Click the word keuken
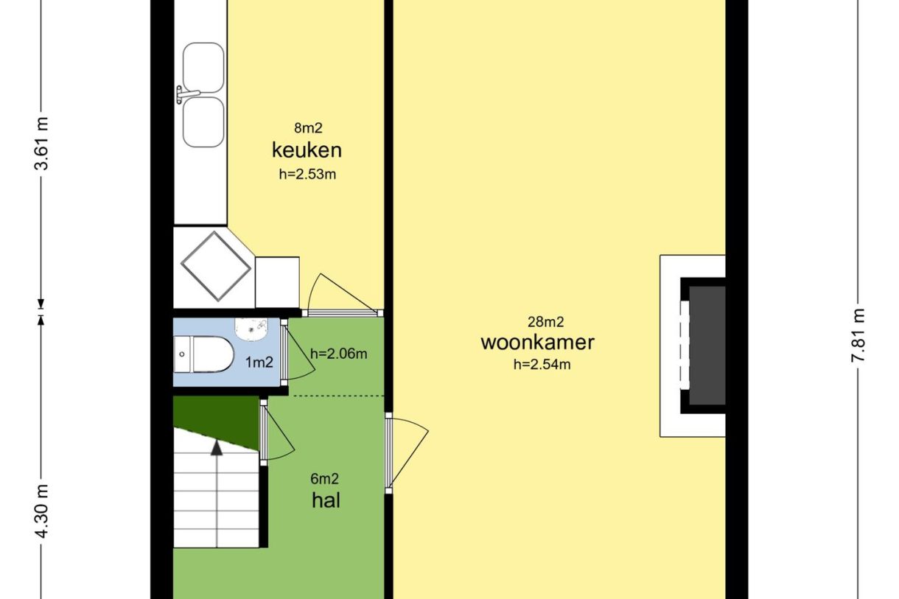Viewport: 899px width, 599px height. pyautogui.click(x=307, y=150)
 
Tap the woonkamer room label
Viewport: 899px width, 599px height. pyautogui.click(x=538, y=343)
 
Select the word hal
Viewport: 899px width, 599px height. pyautogui.click(x=326, y=500)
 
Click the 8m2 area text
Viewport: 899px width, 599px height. pyautogui.click(x=308, y=128)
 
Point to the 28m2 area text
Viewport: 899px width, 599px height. pyautogui.click(x=546, y=322)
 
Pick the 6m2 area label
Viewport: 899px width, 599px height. pyautogui.click(x=325, y=479)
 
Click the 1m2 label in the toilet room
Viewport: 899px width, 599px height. pyautogui.click(x=259, y=362)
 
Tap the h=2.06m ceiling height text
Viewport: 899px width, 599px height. pyautogui.click(x=339, y=354)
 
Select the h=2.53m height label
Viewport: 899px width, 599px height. pyautogui.click(x=307, y=174)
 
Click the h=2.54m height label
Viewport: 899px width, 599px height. pyautogui.click(x=542, y=364)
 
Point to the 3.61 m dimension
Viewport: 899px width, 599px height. pyautogui.click(x=41, y=144)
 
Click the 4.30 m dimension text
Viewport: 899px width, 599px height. pyautogui.click(x=41, y=511)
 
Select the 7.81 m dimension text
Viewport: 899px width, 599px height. pyautogui.click(x=858, y=335)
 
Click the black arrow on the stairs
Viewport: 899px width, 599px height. pyautogui.click(x=217, y=448)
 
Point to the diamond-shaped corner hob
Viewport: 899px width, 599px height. pyautogui.click(x=216, y=266)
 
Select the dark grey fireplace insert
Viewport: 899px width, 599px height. pyautogui.click(x=707, y=346)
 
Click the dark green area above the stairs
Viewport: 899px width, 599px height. pyautogui.click(x=225, y=417)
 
